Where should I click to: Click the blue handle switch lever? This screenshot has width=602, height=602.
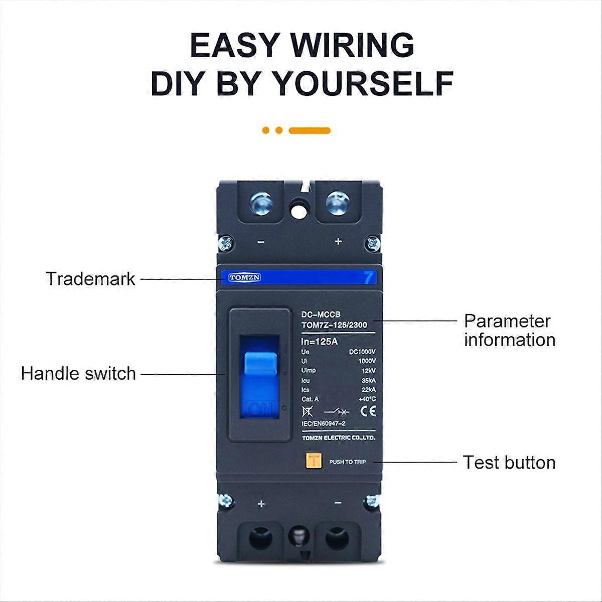(x=260, y=371)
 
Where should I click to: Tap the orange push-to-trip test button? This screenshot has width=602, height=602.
(x=314, y=461)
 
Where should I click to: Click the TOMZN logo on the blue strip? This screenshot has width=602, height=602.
(x=244, y=277)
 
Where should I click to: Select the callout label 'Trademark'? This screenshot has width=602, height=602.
(x=90, y=279)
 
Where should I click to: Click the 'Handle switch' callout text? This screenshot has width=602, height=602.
(x=78, y=374)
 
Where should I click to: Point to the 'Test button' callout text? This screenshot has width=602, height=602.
(x=509, y=463)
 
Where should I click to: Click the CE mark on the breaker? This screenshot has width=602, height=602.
(x=368, y=411)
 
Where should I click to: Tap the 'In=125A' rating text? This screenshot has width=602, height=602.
(x=320, y=342)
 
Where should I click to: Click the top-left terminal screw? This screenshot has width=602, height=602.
(x=261, y=204)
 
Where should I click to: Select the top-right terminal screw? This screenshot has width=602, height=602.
(x=337, y=204)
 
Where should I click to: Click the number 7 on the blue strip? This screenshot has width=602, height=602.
(x=369, y=277)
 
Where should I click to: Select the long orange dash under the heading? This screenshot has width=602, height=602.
(x=310, y=130)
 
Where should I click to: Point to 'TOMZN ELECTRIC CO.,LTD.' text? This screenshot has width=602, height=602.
(x=338, y=438)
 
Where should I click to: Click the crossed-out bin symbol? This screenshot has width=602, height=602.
(x=307, y=411)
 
